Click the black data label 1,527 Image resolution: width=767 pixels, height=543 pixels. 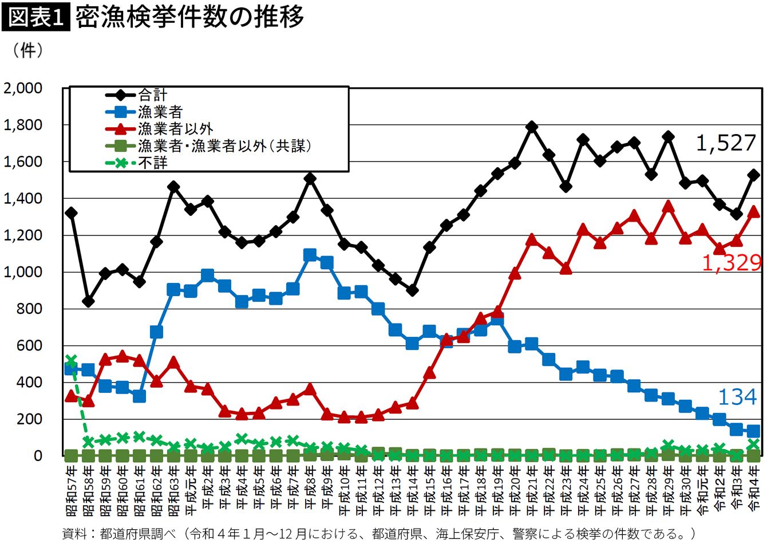click(x=726, y=143)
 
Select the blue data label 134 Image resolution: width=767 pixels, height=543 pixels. click(x=737, y=397)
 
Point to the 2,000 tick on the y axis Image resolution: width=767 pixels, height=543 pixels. click(x=23, y=88)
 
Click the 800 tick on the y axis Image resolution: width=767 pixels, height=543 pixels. click(x=29, y=309)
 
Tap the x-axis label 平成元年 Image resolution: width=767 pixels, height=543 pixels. click(x=191, y=490)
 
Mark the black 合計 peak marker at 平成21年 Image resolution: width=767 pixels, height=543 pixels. click(x=531, y=127)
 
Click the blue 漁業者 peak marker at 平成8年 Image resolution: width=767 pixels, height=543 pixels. click(x=310, y=255)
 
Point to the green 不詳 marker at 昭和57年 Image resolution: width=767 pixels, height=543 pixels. click(x=71, y=360)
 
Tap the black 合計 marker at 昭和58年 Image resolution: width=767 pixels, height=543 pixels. click(x=88, y=301)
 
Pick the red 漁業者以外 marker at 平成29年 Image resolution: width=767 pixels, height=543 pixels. click(x=668, y=207)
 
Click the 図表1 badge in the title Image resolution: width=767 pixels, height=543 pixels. click(x=36, y=17)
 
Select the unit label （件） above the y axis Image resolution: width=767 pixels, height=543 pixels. click(x=27, y=50)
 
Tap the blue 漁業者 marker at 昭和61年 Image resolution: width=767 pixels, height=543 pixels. click(x=139, y=397)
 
